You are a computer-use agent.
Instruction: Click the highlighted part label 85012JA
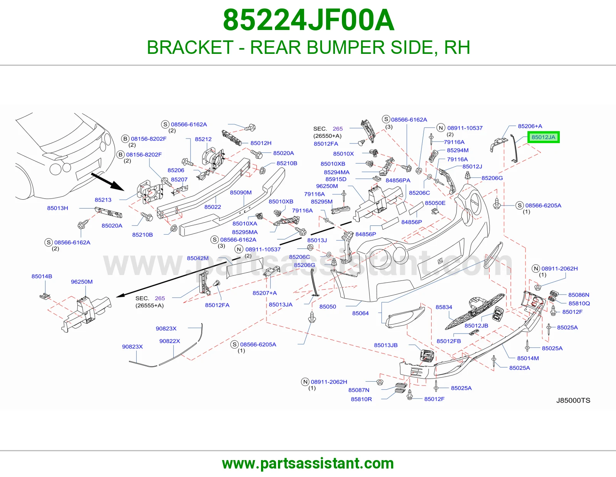pyautogui.click(x=543, y=137)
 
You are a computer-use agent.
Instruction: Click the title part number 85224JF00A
pyautogui.click(x=308, y=20)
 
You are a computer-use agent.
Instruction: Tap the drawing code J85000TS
pyautogui.click(x=573, y=400)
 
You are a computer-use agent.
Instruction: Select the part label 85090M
pyautogui.click(x=241, y=193)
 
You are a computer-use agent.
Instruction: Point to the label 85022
pyautogui.click(x=213, y=207)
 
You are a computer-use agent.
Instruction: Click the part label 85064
pyautogui.click(x=360, y=313)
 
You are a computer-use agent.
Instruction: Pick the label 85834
pyautogui.click(x=444, y=307)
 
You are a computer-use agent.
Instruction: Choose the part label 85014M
pyautogui.click(x=528, y=358)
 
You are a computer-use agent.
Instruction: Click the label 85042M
pyautogui.click(x=198, y=259)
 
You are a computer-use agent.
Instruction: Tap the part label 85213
pyautogui.click(x=103, y=200)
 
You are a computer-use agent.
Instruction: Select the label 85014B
pyautogui.click(x=42, y=277)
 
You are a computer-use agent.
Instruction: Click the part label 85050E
pyautogui.click(x=435, y=203)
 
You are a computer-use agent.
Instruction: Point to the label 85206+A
pyautogui.click(x=530, y=126)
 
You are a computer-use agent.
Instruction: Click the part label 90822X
pyautogui.click(x=169, y=341)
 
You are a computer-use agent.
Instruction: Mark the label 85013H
pyautogui.click(x=57, y=208)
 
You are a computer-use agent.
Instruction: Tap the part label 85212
pyautogui.click(x=203, y=139)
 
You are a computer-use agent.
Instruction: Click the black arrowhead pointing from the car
pyautogui.click(x=117, y=186)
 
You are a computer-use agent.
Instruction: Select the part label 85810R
pyautogui.click(x=361, y=399)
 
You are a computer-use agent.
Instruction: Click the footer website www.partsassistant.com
pyautogui.click(x=308, y=464)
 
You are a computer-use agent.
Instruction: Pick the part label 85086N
pyautogui.click(x=579, y=295)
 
